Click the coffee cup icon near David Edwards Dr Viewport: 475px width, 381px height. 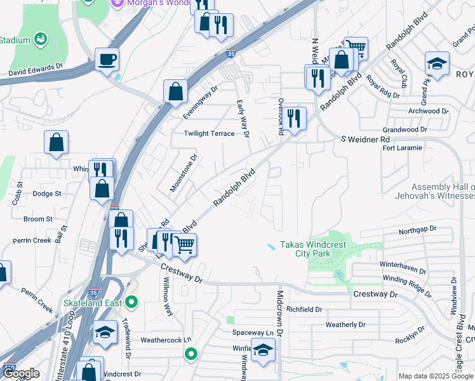pyautogui.click(x=107, y=60)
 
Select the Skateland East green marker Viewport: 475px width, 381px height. pyautogui.click(x=131, y=302)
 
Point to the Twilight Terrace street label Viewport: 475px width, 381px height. pyautogui.click(x=209, y=133)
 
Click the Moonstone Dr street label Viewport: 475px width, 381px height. pyautogui.click(x=184, y=172)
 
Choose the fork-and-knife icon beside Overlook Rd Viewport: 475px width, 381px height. pyautogui.click(x=294, y=117)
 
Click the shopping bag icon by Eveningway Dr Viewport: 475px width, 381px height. pyautogui.click(x=175, y=91)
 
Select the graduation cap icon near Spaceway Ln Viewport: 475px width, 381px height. pyautogui.click(x=262, y=349)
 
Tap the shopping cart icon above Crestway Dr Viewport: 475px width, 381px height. pyautogui.click(x=184, y=244)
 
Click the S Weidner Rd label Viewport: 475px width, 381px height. pyautogui.click(x=365, y=139)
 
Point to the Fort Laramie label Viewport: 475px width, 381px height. pyautogui.click(x=401, y=148)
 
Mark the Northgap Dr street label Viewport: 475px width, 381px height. pyautogui.click(x=417, y=229)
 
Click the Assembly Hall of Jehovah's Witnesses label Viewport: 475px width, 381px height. pyautogui.click(x=443, y=191)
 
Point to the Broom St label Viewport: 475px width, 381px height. pyautogui.click(x=37, y=219)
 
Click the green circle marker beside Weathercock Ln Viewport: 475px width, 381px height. pyautogui.click(x=190, y=355)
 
